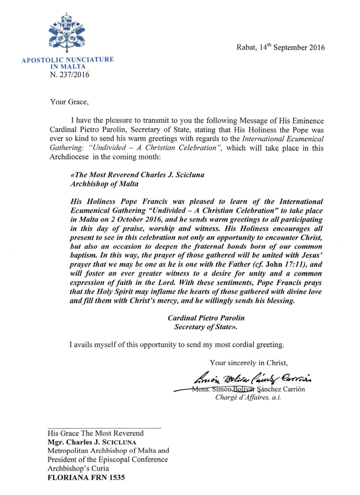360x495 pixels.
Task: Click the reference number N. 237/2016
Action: click(69, 75)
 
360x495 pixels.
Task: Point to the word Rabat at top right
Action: click(246, 48)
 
